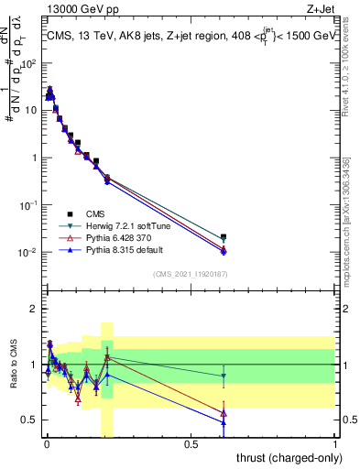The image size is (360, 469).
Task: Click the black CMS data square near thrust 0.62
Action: click(224, 236)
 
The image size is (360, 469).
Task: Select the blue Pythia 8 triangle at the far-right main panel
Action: click(224, 252)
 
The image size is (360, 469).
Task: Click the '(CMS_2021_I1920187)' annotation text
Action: click(189, 273)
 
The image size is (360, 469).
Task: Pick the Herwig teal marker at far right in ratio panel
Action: click(224, 376)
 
